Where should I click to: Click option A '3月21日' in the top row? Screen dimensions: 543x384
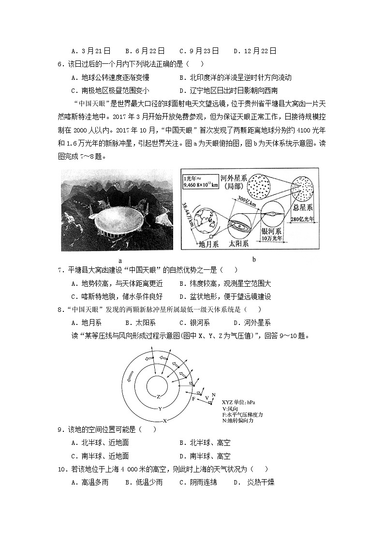tap(91, 50)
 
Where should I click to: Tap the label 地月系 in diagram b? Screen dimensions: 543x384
tap(209, 244)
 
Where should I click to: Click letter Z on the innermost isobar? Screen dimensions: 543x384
tap(158, 396)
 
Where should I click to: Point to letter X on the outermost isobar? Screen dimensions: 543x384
tap(165, 420)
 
